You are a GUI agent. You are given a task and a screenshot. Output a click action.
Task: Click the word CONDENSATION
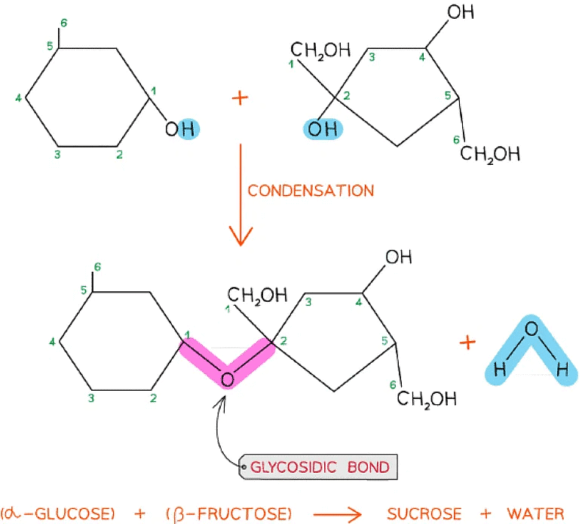311,190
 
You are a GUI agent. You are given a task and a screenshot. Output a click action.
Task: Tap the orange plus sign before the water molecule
467,343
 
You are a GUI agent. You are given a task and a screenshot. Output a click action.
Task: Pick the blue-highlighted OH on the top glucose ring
181,129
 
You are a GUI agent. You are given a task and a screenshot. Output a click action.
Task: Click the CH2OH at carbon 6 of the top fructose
490,154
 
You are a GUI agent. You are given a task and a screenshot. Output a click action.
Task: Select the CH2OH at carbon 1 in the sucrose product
253,294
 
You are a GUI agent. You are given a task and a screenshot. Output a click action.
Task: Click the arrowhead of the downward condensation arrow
240,238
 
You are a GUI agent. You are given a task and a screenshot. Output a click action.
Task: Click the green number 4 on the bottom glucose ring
52,343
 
